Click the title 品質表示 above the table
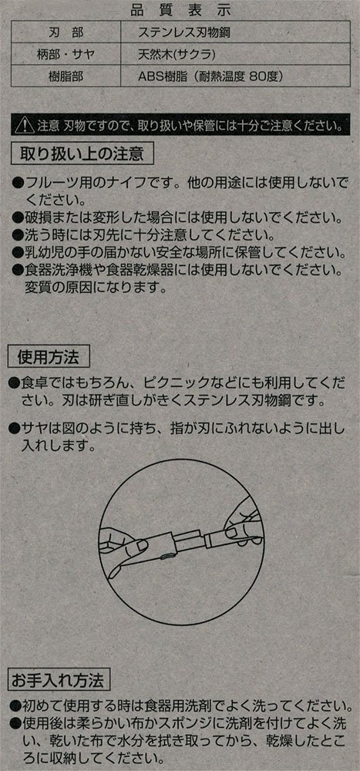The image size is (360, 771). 180,10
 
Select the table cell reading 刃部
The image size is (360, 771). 67,33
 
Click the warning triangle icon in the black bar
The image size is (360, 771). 25,126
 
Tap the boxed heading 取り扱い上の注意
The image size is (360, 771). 82,154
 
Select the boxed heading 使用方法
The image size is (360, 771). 49,356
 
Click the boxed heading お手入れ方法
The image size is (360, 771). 59,681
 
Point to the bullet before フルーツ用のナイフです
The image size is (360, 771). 17,184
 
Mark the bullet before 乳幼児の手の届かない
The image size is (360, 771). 17,253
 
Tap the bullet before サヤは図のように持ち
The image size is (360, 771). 15,428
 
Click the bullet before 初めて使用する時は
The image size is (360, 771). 15,707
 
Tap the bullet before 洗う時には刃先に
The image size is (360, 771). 17,235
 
